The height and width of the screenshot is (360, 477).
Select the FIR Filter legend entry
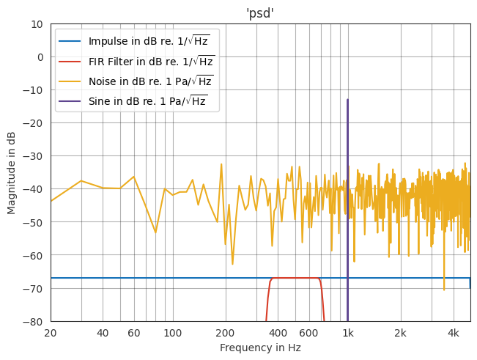pos(151,61)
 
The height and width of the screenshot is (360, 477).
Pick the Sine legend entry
pos(147,101)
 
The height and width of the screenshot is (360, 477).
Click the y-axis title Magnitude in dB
pos(12,172)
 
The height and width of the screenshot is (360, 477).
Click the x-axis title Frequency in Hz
pos(260,348)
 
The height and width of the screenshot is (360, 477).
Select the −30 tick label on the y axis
pos(35,156)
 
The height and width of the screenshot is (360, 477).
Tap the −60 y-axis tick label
pos(35,256)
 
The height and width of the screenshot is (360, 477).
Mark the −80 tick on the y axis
pos(35,322)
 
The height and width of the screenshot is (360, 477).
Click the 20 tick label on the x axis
pos(51,333)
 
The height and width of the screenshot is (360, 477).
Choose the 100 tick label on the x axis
pos(173,333)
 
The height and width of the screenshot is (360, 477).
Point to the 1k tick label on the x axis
pos(348,333)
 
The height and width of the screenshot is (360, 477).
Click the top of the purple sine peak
pos(347,100)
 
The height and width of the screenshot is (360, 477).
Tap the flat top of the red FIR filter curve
pos(295,278)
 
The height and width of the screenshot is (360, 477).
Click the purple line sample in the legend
pos(70,101)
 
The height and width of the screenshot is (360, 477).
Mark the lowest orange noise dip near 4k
pos(444,290)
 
